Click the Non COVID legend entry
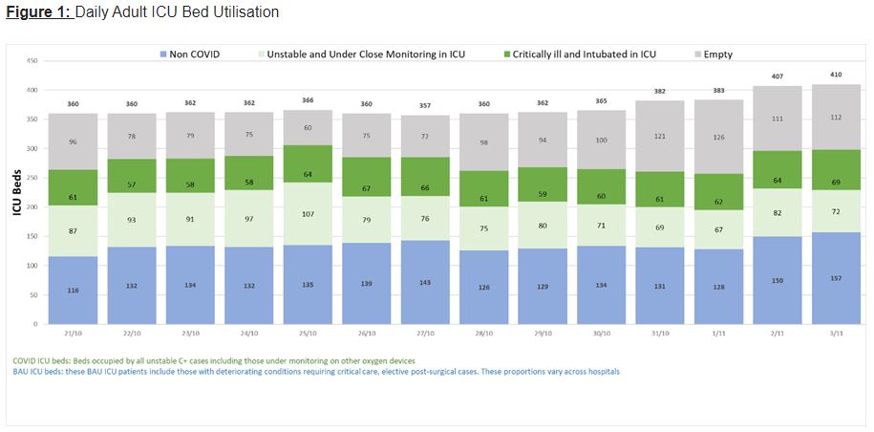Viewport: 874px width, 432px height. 190,54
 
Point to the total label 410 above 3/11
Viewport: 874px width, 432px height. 837,73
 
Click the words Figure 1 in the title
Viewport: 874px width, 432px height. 34,12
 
